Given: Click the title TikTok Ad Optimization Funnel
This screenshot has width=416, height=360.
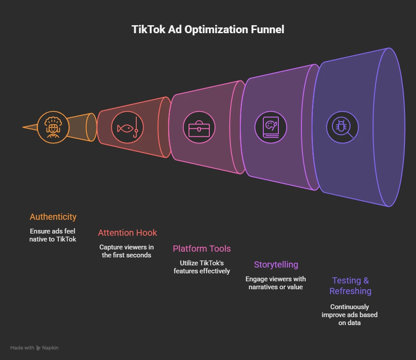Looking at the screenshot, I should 208,30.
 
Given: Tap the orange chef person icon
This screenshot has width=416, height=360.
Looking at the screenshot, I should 53,127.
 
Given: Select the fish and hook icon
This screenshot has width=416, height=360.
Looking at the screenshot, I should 127,127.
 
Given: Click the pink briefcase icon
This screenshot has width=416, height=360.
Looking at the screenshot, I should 199,127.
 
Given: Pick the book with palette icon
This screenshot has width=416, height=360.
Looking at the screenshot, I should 271,127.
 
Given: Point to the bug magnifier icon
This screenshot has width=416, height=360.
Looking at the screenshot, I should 343,127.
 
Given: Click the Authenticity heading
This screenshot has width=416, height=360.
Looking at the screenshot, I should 53,217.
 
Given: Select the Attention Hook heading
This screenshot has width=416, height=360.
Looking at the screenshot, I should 127,233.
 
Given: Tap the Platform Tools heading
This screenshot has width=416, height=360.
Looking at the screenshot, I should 202,249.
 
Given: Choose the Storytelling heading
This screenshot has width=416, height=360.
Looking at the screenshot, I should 276,264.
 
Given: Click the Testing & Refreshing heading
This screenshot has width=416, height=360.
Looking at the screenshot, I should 350,286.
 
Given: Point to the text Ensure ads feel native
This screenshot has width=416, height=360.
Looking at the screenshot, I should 53,235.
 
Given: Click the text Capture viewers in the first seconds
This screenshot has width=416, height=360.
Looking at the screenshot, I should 127,251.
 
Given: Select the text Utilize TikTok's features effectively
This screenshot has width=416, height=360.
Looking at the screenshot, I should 202,267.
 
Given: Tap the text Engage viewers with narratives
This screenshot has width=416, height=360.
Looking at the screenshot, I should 276,283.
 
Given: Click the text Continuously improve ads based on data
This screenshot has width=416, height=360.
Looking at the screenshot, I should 350,314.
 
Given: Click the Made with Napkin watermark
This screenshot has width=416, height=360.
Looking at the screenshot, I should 35,348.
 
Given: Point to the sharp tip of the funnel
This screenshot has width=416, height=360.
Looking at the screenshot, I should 24,127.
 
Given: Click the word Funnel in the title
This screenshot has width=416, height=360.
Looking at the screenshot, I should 267,30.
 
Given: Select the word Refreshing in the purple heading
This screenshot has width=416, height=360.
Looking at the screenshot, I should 350,291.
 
